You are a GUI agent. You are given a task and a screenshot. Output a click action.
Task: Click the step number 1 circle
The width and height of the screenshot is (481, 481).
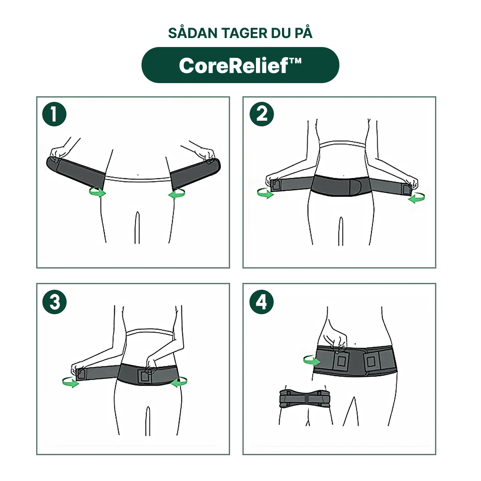[54, 114]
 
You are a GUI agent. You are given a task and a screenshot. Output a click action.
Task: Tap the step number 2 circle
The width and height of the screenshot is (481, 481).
[262, 114]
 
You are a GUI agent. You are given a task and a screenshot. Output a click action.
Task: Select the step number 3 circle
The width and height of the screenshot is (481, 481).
[54, 302]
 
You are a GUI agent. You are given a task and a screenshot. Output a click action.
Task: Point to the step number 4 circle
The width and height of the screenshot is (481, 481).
[262, 302]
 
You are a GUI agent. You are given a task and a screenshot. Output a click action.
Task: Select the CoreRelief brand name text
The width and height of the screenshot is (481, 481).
[233, 66]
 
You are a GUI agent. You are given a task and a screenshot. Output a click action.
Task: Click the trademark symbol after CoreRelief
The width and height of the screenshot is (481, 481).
[295, 61]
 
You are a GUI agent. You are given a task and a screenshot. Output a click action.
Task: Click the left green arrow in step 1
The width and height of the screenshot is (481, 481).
[97, 192]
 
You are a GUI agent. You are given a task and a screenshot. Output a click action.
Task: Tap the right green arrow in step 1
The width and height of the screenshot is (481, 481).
[177, 193]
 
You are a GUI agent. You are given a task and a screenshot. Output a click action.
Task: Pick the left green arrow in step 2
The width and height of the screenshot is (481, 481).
[266, 193]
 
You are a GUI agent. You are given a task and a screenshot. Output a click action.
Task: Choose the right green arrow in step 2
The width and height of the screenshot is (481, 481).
[417, 198]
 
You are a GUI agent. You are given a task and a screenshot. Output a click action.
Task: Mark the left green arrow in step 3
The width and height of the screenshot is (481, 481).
[70, 382]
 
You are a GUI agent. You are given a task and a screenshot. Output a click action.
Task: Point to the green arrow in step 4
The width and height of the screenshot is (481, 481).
[312, 360]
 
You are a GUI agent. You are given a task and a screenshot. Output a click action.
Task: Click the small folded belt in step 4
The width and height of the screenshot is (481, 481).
[304, 398]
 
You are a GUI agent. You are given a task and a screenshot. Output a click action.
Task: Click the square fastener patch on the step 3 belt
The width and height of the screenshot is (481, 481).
[145, 376]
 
